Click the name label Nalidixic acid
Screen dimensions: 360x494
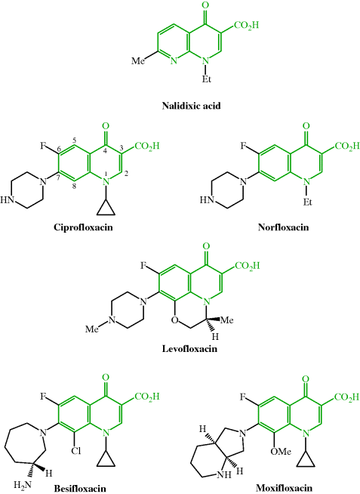click(192, 106)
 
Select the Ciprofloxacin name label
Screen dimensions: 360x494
click(83, 227)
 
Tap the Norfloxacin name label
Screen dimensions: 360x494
click(283, 227)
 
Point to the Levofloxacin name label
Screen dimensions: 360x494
click(189, 349)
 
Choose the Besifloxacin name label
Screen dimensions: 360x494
click(80, 488)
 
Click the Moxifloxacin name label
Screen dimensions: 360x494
click(285, 488)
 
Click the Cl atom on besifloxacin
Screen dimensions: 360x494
click(75, 451)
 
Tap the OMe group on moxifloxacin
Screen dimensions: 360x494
click(281, 452)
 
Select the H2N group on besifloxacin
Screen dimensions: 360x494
click(23, 484)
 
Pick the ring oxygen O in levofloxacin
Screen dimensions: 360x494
click(175, 321)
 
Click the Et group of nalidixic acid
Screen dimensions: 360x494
click(207, 79)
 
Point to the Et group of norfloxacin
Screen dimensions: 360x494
click(307, 202)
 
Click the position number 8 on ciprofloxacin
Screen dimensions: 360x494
click(74, 186)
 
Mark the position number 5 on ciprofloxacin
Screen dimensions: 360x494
click(74, 140)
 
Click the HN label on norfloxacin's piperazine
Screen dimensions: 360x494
click(207, 200)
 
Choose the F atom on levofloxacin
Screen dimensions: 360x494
click(143, 266)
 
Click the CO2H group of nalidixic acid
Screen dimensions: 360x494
click(246, 25)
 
